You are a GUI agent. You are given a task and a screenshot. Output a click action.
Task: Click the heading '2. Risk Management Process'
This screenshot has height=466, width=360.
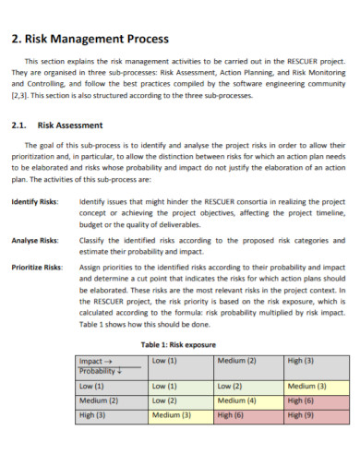click(x=90, y=40)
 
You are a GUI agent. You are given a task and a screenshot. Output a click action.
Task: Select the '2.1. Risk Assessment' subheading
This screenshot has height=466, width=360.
click(x=58, y=125)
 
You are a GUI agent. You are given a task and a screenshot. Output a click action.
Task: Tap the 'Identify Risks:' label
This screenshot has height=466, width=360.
click(x=34, y=201)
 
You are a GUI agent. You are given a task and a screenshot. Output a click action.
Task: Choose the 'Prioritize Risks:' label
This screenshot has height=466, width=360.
click(x=37, y=267)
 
